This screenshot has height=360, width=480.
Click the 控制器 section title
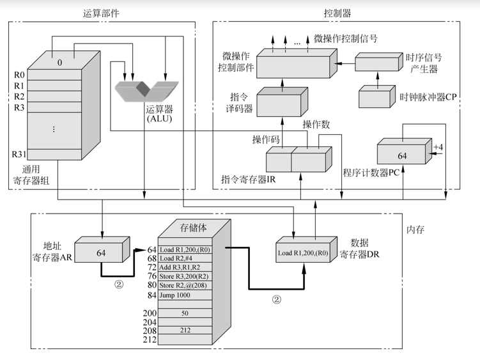[337, 13]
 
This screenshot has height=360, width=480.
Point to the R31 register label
[20, 154]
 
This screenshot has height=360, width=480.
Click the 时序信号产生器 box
[376, 63]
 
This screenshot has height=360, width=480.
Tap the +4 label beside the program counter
[438, 148]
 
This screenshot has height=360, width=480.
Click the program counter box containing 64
[403, 155]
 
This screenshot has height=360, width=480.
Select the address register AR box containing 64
[102, 253]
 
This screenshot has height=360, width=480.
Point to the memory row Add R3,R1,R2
[181, 266]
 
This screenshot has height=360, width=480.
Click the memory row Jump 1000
[176, 295]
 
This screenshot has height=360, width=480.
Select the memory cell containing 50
[185, 313]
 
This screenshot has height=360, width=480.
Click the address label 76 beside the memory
[152, 276]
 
